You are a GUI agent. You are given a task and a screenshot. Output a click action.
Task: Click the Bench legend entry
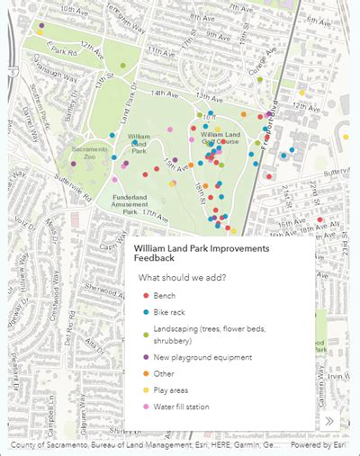coord(165,296)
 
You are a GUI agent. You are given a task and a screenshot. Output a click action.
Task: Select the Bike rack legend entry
coord(170,311)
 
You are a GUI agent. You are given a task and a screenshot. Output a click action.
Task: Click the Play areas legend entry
coord(173,390)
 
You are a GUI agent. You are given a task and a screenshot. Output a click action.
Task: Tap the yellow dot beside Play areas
coord(146,390)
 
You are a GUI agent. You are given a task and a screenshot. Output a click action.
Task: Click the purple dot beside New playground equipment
coord(146,357)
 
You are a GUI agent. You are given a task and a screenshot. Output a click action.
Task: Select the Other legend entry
coord(165,373)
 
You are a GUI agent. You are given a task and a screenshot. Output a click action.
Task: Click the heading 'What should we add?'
coord(182,277)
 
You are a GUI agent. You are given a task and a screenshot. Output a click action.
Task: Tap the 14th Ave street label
coord(164,94)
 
